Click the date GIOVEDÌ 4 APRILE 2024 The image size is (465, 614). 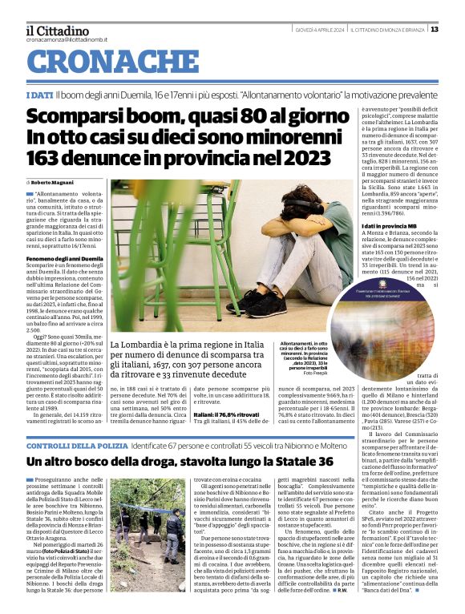point(319,30)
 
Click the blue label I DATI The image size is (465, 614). point(39,95)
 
